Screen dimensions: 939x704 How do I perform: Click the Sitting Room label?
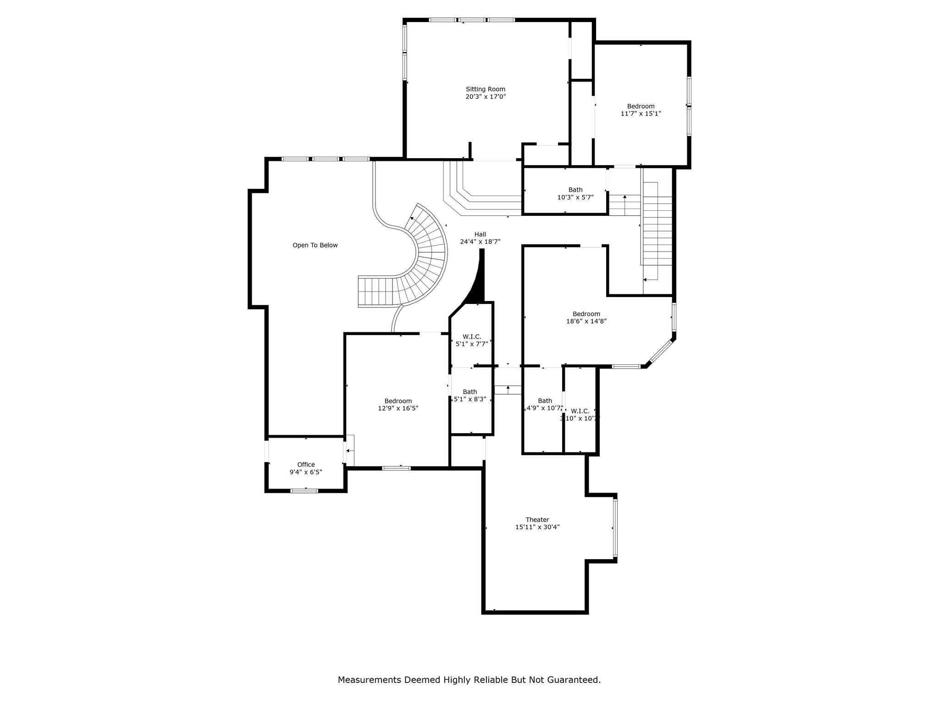[486, 89]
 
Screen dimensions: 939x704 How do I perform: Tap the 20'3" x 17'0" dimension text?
[486, 97]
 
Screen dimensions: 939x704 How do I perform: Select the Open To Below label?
[315, 245]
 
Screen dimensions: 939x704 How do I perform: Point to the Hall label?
[480, 234]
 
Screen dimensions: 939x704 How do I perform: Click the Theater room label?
[537, 520]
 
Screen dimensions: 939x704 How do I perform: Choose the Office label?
[306, 465]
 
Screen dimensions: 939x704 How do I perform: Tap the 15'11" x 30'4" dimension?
[537, 527]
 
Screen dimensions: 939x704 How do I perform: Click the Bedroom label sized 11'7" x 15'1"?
[641, 106]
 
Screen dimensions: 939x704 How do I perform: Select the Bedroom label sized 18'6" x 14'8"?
[586, 314]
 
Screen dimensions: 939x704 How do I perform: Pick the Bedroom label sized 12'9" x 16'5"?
[398, 401]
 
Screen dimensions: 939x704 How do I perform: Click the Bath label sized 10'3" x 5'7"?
[575, 190]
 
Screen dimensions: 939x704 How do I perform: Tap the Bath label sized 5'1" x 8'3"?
[469, 392]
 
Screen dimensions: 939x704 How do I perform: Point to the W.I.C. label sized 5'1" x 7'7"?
[472, 337]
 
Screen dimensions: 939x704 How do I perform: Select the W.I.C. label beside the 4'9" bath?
[580, 411]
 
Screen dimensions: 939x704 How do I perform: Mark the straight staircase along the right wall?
[657, 231]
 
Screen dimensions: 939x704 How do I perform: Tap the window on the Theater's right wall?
[615, 528]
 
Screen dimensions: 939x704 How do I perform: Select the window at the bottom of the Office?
[304, 491]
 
